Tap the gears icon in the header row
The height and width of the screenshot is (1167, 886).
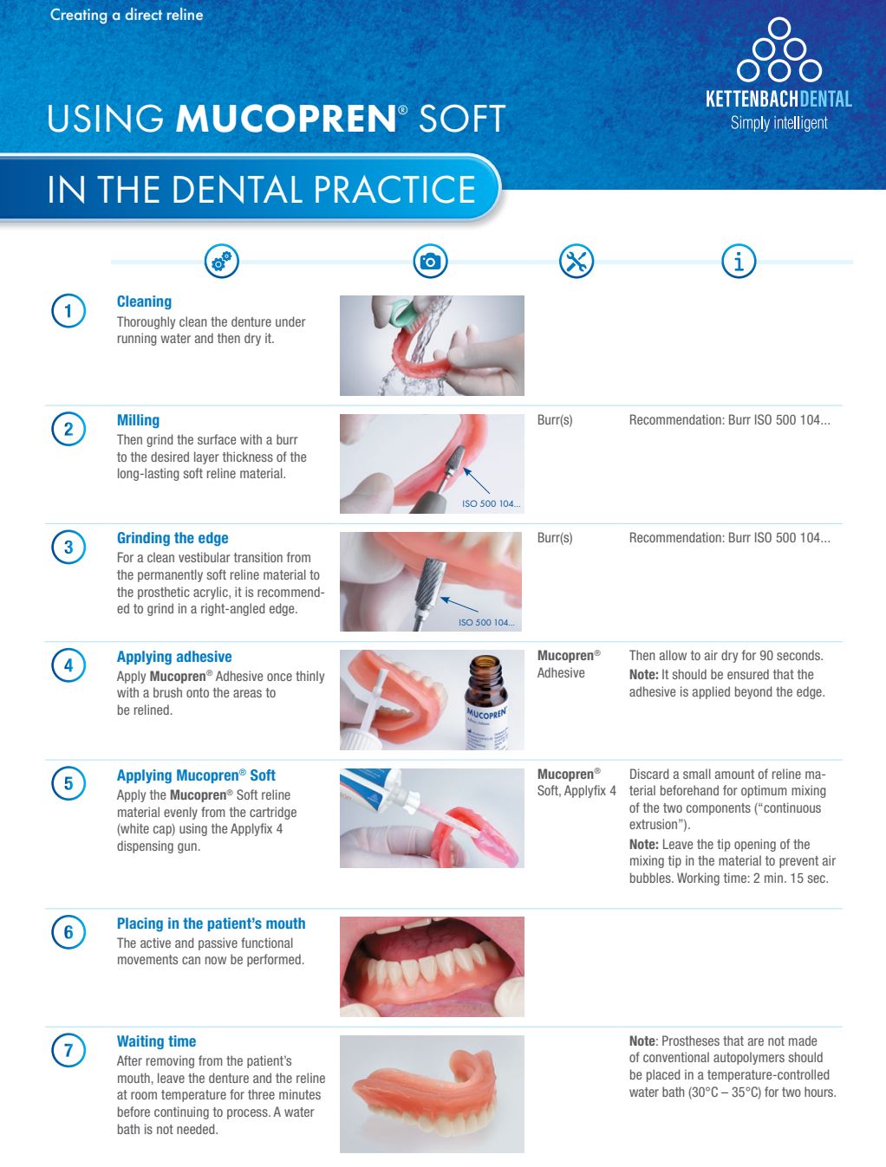pos(221,261)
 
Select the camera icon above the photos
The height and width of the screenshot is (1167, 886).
pos(430,261)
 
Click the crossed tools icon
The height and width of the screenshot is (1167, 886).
pos(577,261)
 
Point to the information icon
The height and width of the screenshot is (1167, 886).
pos(739,261)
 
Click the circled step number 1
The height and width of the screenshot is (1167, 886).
pos(68,311)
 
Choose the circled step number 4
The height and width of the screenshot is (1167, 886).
pos(68,666)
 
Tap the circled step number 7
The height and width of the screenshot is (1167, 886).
pos(68,1051)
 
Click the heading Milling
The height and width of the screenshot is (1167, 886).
pos(138,420)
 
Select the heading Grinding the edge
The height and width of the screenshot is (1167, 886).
pos(173,538)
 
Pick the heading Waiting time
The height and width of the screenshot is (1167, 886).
pos(156,1041)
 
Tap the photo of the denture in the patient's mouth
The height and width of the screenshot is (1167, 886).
pos(432,966)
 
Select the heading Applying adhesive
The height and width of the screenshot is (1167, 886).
pos(174,657)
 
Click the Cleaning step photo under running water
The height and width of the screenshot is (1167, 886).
pos(432,346)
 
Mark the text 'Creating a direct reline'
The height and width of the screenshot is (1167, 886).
pos(127,15)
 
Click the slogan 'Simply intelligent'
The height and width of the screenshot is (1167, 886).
pos(779,123)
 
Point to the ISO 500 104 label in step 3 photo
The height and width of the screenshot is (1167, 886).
pos(485,622)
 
